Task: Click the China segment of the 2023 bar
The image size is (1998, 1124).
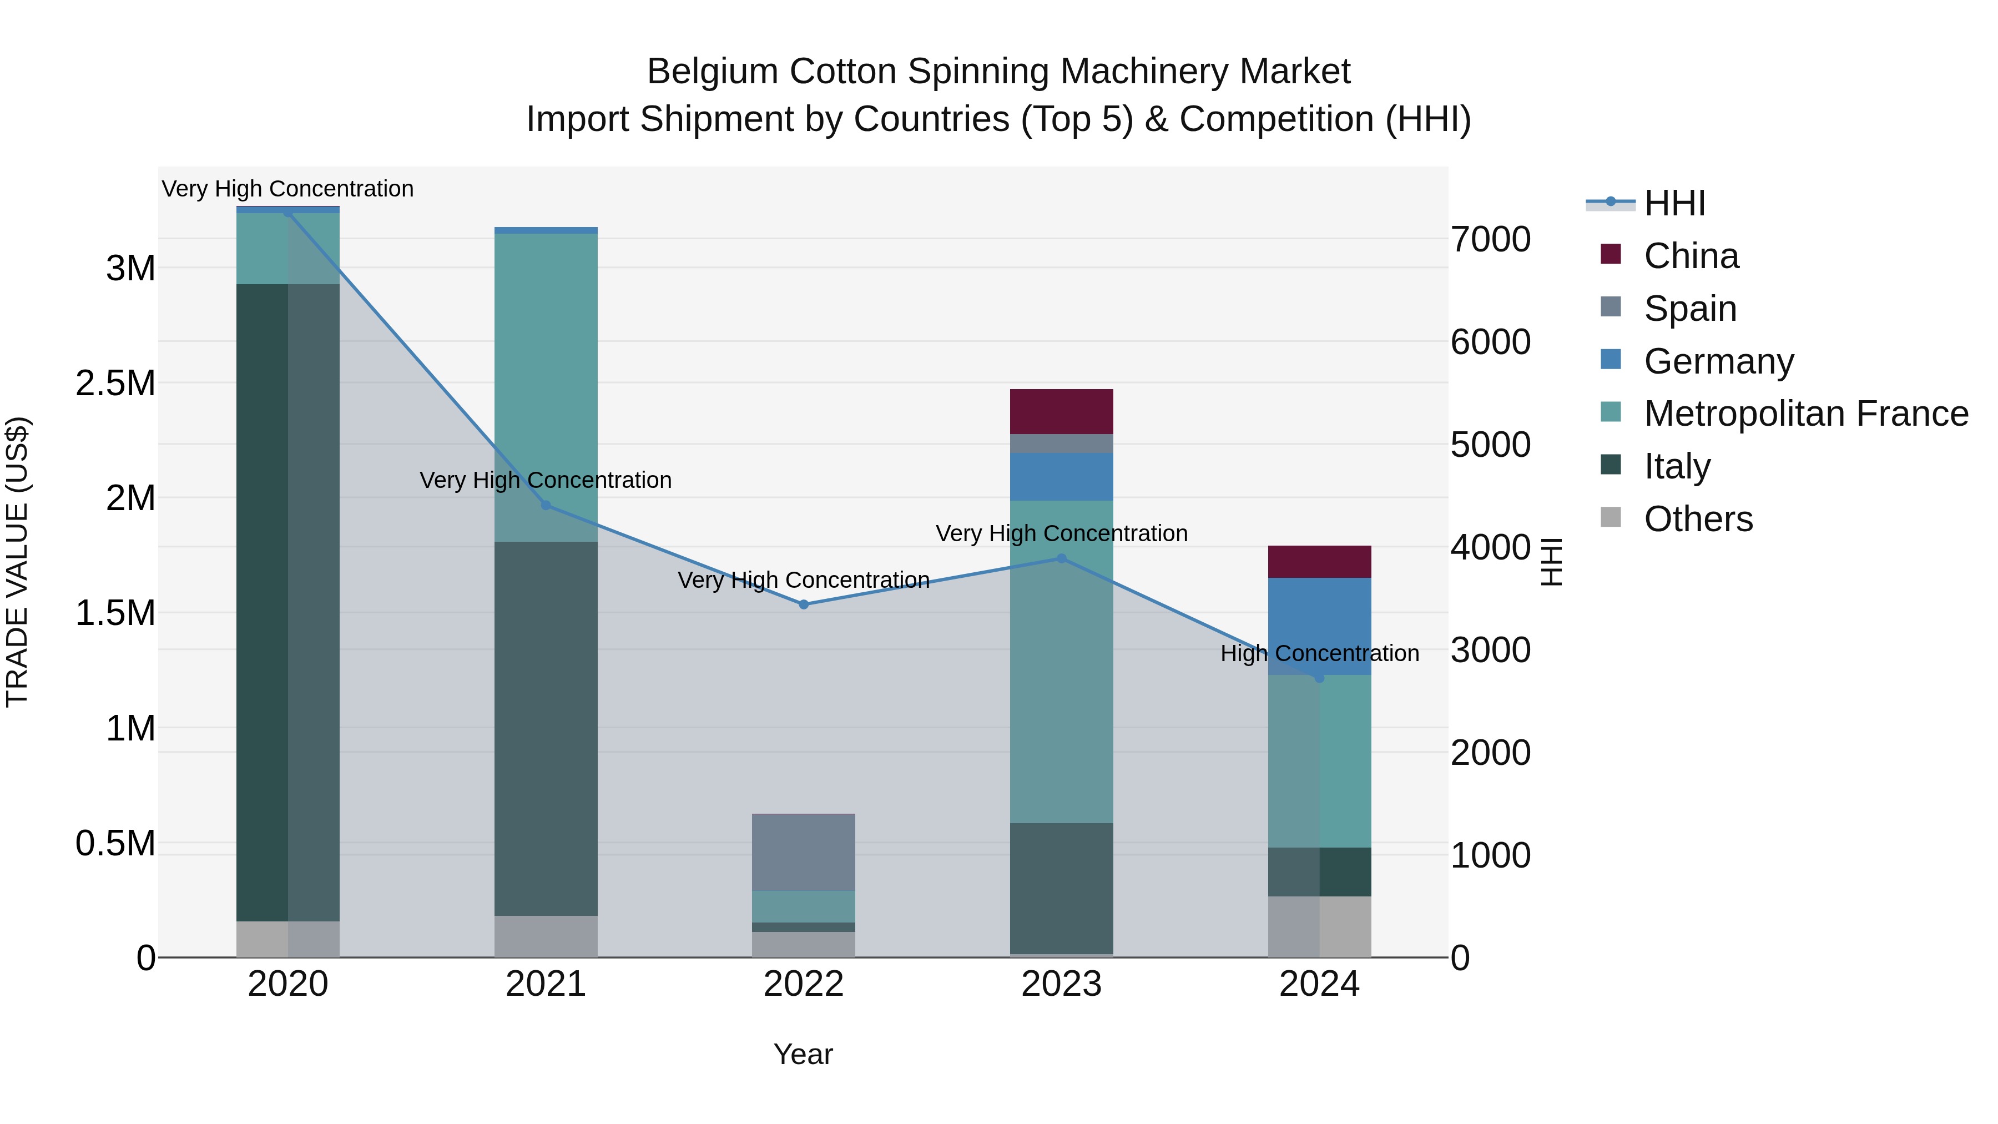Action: [x=1061, y=411]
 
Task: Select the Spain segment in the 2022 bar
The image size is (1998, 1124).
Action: [x=804, y=851]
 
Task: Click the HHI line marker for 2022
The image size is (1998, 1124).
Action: [x=804, y=604]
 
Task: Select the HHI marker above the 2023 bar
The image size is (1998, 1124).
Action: [x=1062, y=558]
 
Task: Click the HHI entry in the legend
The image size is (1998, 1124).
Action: [x=1674, y=203]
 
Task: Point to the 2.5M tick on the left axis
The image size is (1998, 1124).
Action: [x=115, y=383]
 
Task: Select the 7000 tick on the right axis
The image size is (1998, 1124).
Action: [x=1490, y=240]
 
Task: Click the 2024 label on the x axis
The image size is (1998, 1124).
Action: [x=1319, y=984]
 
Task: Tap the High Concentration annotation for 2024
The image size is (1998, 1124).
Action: [x=1319, y=653]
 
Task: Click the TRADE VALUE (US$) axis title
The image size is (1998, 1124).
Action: [x=17, y=562]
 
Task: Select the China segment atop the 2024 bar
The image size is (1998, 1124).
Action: [x=1319, y=562]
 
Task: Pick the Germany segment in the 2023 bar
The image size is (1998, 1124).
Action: [x=1061, y=476]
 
